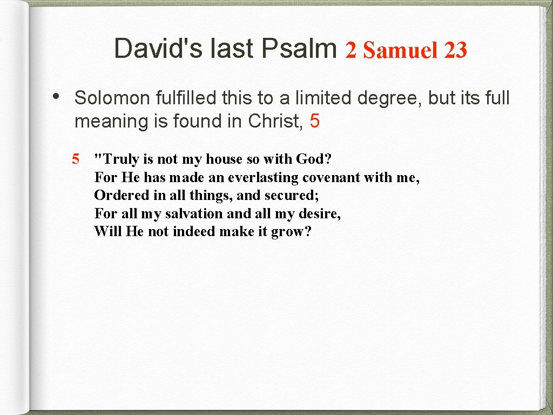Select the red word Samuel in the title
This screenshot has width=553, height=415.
400,50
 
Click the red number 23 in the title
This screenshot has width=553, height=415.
455,50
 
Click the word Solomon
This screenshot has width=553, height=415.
112,98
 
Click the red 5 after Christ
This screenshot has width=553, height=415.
315,122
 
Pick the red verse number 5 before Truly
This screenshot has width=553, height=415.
76,159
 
